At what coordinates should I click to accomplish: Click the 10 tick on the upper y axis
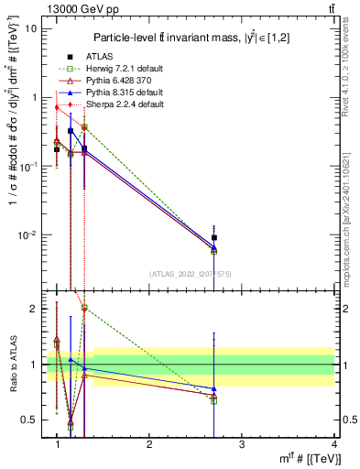33,27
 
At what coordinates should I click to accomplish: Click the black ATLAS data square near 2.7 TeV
213,238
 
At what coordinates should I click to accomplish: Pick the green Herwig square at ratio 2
84,309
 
